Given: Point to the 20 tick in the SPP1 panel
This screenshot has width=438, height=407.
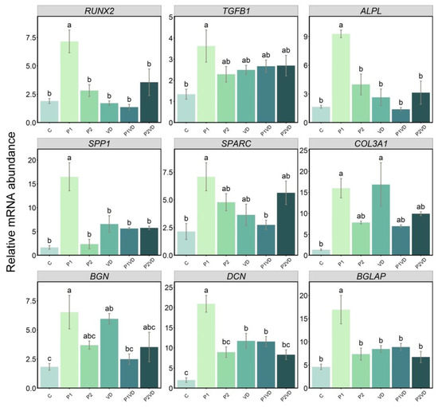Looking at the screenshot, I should click(33, 160).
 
